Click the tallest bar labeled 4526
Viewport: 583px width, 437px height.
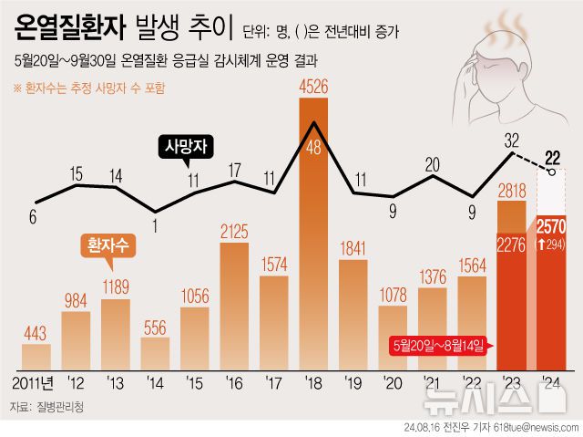coord(313,233)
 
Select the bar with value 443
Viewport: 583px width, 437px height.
coord(36,356)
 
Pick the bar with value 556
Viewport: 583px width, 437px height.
coord(155,353)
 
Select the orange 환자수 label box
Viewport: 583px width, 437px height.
coord(106,245)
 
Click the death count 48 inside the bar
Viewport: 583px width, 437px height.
coord(313,149)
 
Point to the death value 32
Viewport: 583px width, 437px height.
coord(511,140)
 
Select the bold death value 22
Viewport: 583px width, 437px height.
coord(553,156)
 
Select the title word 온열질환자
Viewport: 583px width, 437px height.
coord(68,30)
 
